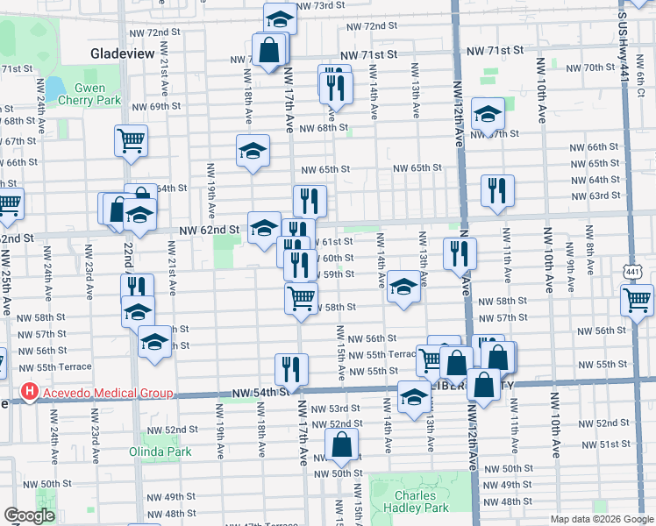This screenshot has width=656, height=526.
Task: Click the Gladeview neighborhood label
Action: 122,53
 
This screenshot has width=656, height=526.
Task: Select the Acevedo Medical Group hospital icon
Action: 30,392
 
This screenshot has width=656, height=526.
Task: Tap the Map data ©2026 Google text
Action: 601,518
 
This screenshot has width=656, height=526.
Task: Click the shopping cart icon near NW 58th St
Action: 301,298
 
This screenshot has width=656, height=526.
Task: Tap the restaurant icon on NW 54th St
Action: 291,369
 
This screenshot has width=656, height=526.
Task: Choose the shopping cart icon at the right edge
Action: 637,300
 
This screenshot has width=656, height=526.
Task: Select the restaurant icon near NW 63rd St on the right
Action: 497,190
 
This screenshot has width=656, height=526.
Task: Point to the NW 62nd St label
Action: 210,231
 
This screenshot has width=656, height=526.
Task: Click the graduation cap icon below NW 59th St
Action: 403,287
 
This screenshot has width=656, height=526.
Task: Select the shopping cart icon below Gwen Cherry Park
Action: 131,139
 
